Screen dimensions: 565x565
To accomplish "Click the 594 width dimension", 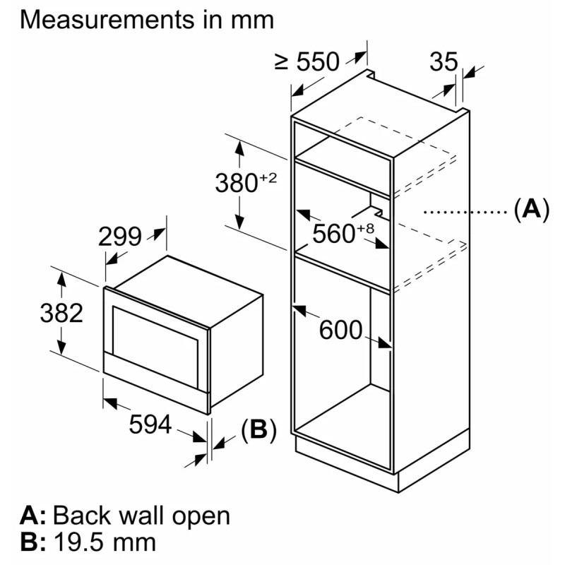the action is [x=150, y=424].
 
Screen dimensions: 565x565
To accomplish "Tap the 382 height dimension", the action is [x=61, y=313].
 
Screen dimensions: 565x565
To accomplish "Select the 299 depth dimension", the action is [x=120, y=237].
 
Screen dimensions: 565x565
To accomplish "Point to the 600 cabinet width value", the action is [x=340, y=330].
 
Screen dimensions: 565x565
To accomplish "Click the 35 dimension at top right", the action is [x=444, y=61].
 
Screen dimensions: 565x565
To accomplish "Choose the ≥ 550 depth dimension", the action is [x=307, y=61].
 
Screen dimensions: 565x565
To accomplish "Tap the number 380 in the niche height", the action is [x=237, y=183].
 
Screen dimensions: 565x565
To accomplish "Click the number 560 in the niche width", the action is [x=333, y=234].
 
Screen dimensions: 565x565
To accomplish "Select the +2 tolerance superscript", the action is [x=268, y=178].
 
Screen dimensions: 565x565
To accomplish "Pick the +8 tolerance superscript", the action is [x=365, y=229].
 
